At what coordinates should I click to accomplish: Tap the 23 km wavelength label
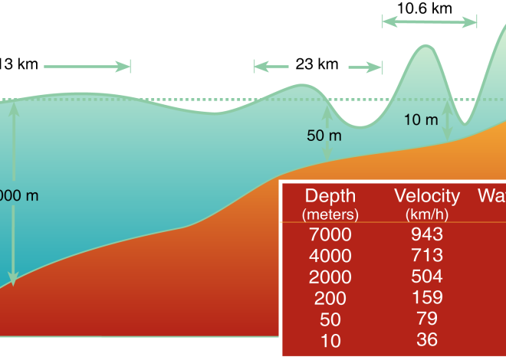tap(317, 64)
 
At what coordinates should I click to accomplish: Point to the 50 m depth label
tap(324, 136)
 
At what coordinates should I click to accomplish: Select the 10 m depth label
tap(420, 119)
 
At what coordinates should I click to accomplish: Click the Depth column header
tap(330, 195)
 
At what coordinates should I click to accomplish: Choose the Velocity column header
tap(427, 195)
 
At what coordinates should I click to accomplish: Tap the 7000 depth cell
tap(330, 234)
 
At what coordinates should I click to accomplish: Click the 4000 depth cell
tap(330, 255)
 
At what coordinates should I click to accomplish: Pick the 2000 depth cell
tap(330, 276)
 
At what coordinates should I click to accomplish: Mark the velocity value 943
tap(427, 234)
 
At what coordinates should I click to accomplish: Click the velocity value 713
tap(427, 255)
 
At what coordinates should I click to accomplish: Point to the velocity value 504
tap(427, 276)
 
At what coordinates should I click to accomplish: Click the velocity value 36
tap(427, 339)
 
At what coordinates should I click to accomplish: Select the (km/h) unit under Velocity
tap(427, 213)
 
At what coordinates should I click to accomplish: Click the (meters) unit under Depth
tap(330, 213)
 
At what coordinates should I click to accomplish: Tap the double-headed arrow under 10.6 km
tap(429, 23)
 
